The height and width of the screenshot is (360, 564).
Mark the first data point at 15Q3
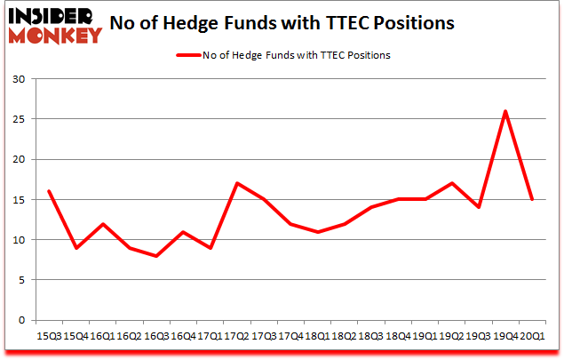49,191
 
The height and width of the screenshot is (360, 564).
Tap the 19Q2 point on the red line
453,183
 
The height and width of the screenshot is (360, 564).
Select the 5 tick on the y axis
23,280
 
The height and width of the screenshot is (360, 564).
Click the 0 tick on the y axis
23,320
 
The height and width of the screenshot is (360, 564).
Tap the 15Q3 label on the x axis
49,337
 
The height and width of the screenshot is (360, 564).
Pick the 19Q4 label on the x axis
505,337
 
